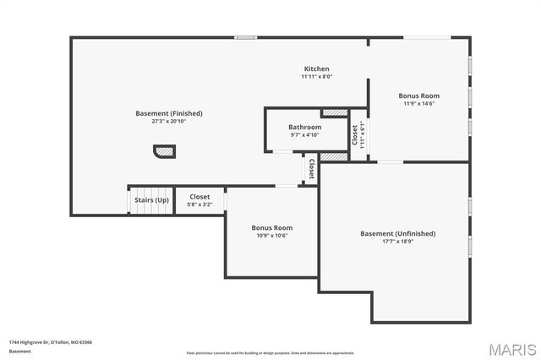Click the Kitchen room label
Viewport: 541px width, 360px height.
point(317,68)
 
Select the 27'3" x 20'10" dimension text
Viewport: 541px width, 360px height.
point(169,121)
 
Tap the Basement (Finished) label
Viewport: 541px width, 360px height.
point(169,113)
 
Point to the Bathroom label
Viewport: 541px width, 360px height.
point(304,127)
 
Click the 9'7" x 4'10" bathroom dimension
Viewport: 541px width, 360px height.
point(304,134)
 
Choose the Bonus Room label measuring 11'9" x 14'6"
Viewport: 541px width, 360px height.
point(418,95)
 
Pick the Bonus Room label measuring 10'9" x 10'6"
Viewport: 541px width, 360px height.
point(271,227)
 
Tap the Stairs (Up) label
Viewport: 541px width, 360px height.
point(151,199)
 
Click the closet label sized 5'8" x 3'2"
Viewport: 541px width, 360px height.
point(199,197)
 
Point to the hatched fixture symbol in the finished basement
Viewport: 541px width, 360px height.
point(164,151)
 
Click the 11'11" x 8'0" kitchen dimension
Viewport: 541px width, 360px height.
point(317,76)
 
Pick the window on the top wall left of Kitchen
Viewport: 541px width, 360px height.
point(245,37)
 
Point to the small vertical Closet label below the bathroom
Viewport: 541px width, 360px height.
point(311,168)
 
